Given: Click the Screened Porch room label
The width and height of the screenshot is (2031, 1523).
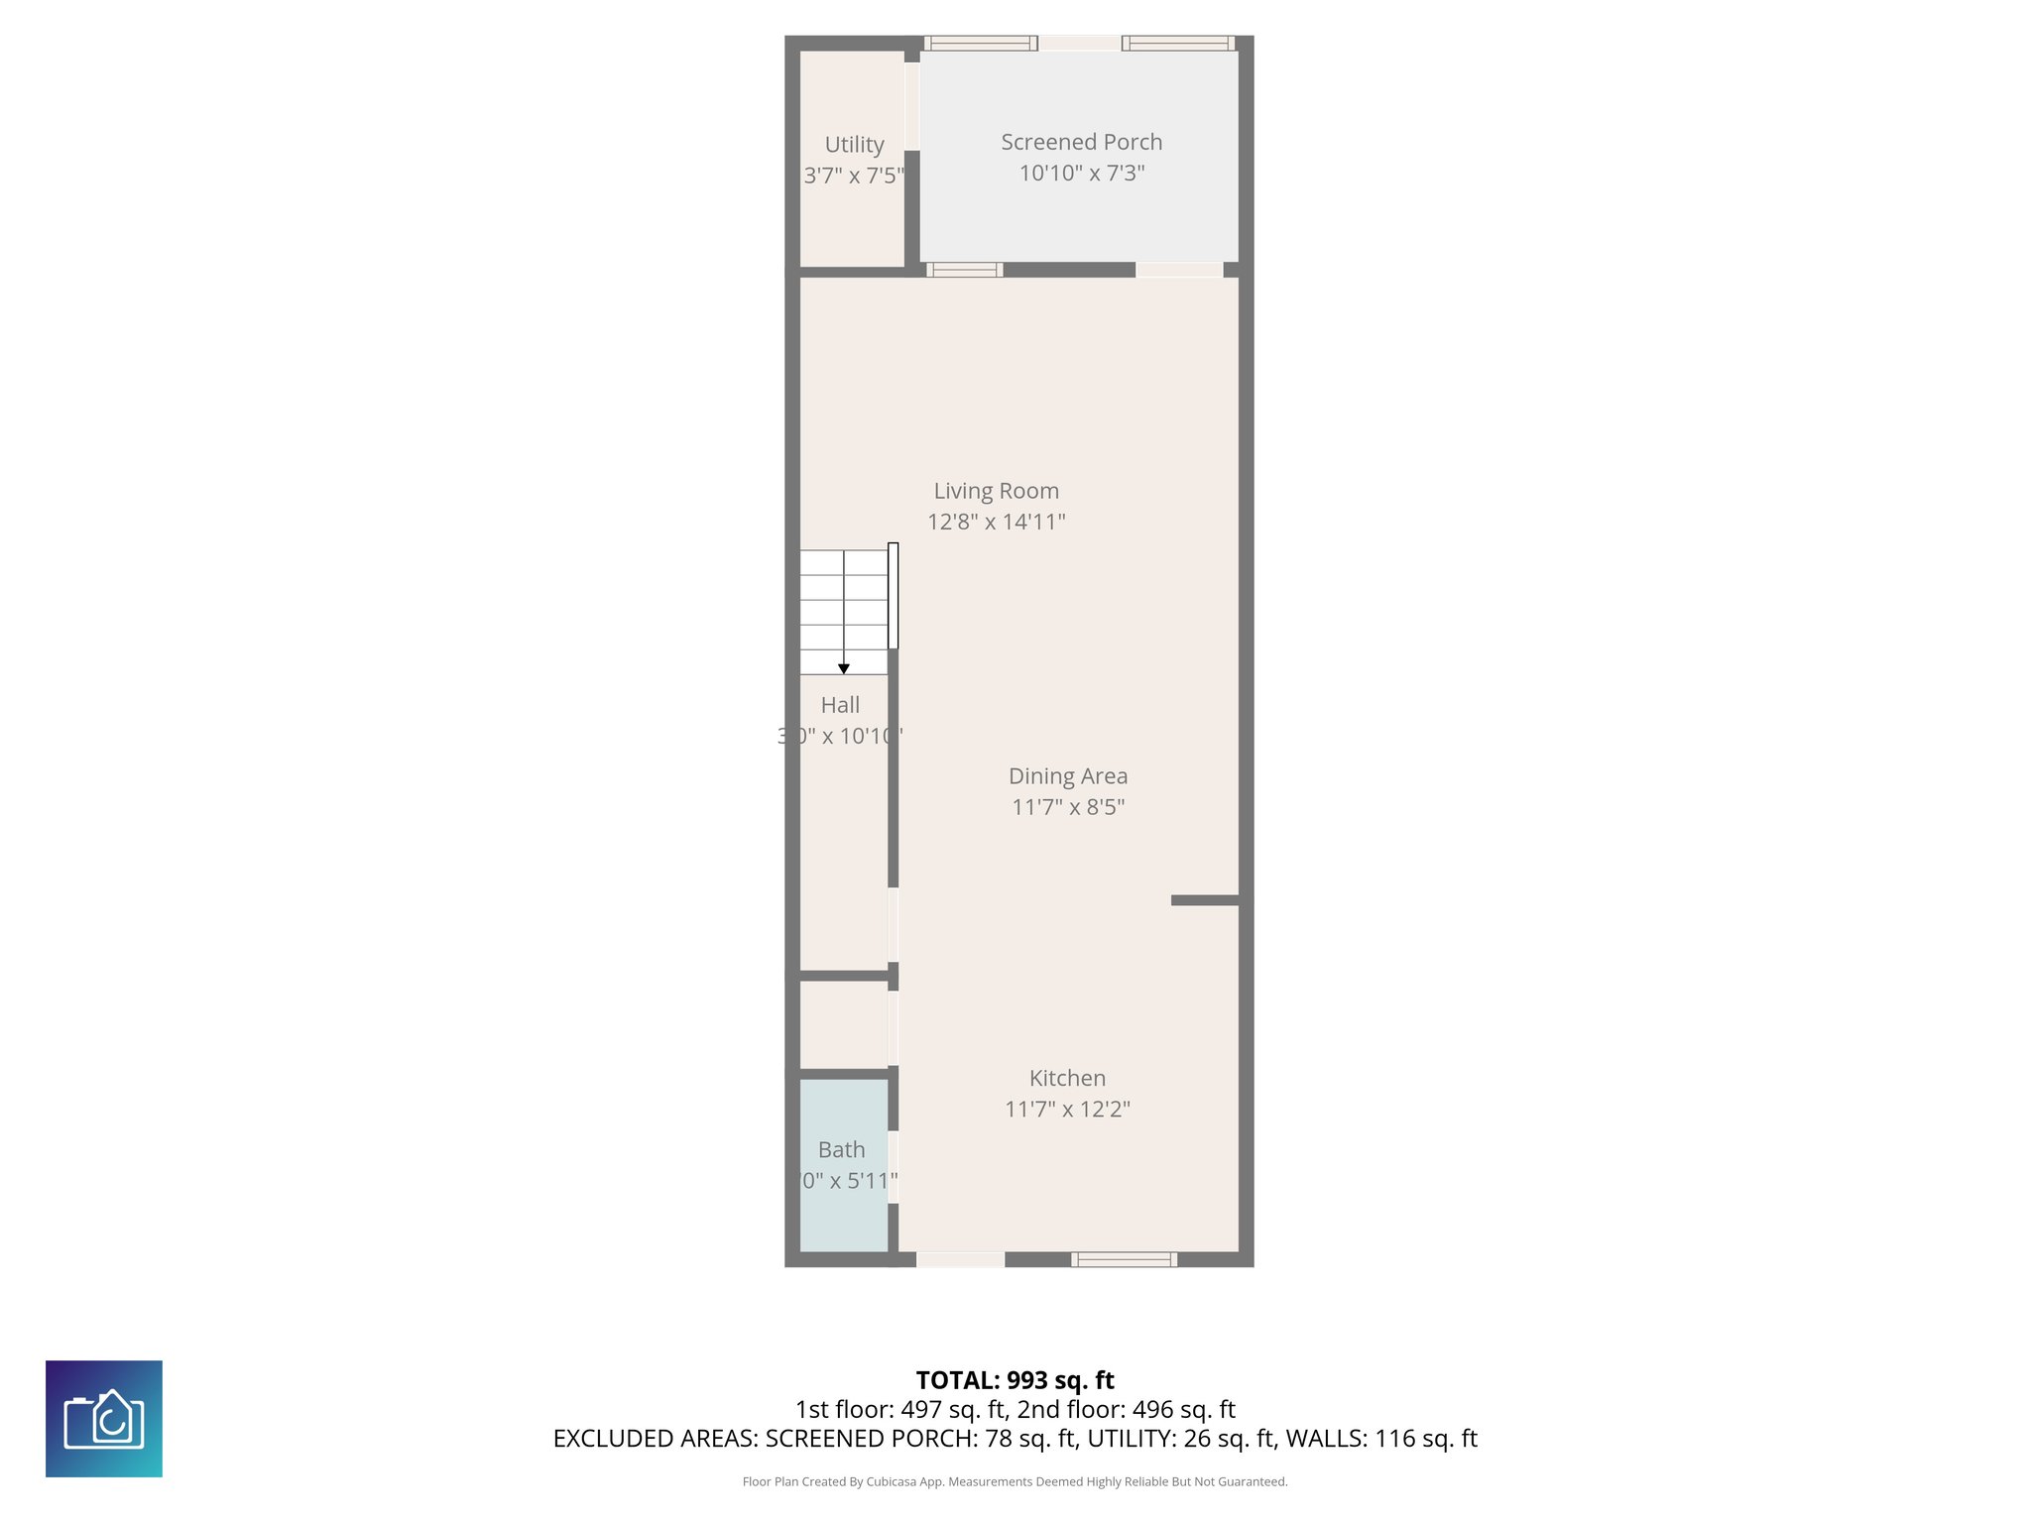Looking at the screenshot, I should pos(1081,142).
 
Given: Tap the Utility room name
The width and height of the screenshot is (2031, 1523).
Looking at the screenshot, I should pos(854,145).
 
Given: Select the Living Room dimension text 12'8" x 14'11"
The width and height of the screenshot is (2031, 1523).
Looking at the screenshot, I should pos(996,522).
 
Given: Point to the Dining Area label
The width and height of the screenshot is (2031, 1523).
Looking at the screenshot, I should pos(1067,776).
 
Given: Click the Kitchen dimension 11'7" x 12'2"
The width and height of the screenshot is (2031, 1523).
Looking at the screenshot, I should pos(1067,1109).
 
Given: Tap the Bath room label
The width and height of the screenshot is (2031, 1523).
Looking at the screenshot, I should pos(841,1150).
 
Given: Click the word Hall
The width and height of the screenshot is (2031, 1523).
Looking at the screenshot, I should pos(840,705).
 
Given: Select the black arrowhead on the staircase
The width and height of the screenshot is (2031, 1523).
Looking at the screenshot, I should pos(844,669).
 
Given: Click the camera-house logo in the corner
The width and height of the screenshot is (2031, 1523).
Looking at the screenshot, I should pos(104,1419).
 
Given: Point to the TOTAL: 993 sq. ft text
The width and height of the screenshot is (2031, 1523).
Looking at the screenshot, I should pos(1015,1380).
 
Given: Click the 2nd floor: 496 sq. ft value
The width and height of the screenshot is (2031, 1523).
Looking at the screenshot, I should pos(1126,1409).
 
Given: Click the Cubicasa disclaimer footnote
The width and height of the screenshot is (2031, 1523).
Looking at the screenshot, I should pos(1015,1481).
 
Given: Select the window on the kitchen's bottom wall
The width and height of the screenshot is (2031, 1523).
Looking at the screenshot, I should pos(1124,1260).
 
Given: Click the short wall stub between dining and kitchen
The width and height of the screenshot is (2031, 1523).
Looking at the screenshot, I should pos(1205,900).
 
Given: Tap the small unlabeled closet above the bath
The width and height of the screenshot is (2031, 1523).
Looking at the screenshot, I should pos(843,1025).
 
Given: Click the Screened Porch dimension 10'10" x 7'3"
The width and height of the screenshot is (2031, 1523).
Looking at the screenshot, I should pos(1082,174).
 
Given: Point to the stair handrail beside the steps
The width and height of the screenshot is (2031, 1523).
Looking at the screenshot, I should pos(893,596).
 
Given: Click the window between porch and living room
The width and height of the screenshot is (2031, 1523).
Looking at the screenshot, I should pos(964,270).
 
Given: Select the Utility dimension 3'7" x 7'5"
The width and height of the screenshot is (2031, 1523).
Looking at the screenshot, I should pos(854,176).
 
